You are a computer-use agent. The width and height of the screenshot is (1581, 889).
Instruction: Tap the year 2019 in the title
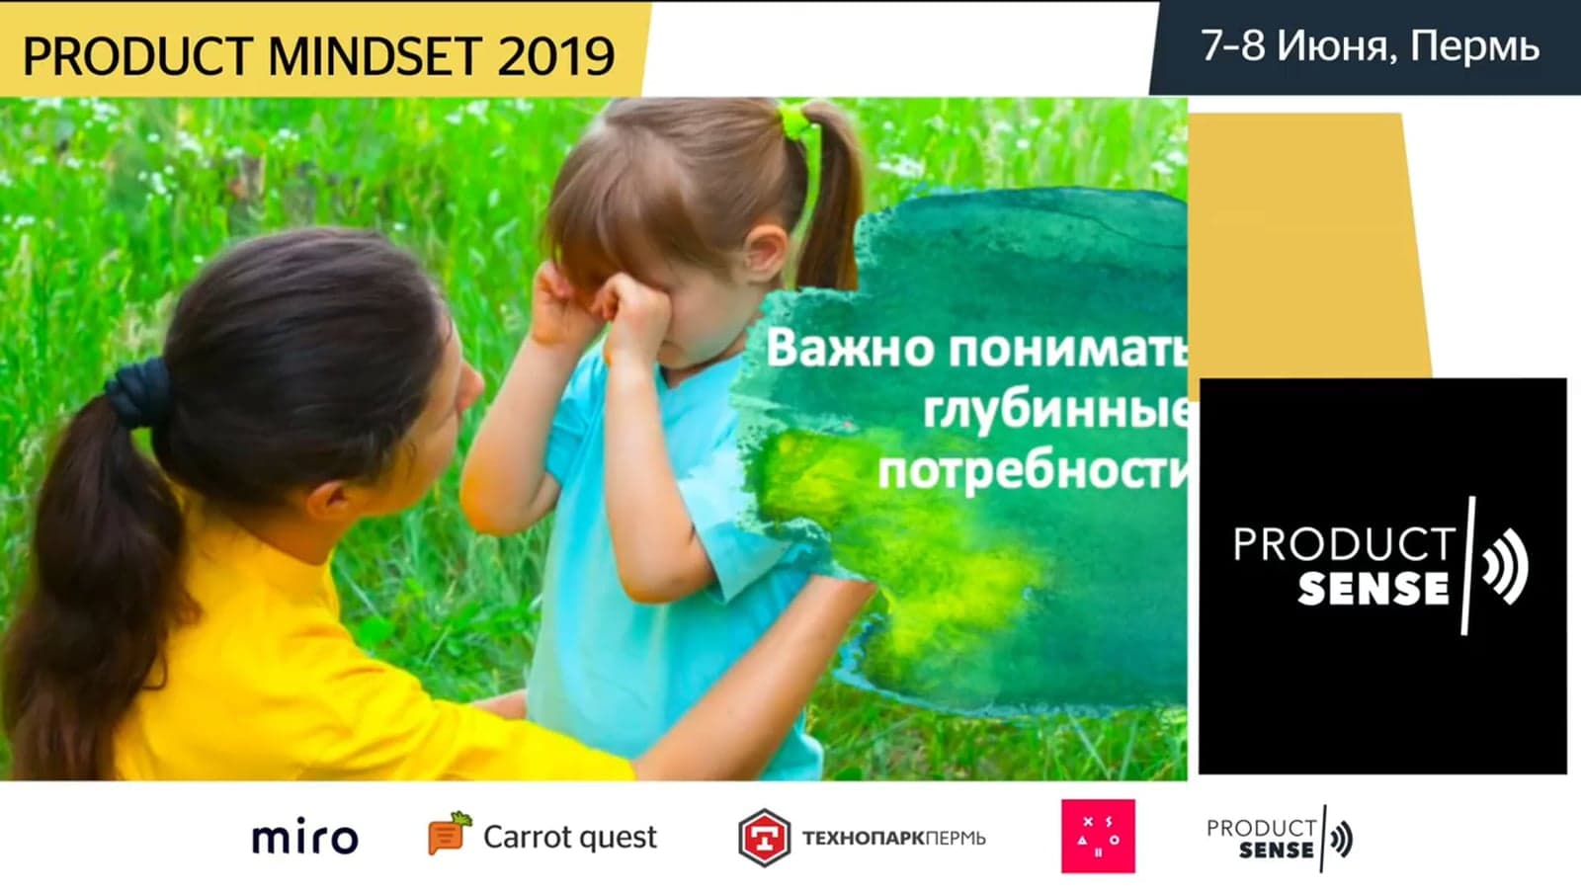556,55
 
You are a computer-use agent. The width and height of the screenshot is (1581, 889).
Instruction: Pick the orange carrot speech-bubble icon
450,834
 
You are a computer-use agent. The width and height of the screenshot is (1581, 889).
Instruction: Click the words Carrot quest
569,838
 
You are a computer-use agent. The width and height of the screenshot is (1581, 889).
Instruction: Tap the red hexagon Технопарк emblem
764,838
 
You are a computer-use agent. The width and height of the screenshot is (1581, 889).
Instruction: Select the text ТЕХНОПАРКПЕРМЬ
893,839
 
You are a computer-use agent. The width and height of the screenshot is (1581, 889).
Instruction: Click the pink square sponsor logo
1098,836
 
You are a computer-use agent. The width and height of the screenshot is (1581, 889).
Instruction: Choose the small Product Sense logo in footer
1280,839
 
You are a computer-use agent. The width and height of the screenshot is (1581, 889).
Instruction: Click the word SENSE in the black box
1373,589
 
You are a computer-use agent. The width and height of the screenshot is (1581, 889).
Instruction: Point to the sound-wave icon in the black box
1505,566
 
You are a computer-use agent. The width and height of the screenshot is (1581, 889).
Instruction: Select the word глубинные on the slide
1056,409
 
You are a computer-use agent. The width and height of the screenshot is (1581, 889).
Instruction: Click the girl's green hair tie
796,120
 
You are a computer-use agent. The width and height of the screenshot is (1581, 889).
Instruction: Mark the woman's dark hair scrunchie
139,394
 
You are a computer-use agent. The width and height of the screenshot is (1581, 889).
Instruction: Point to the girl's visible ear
764,251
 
